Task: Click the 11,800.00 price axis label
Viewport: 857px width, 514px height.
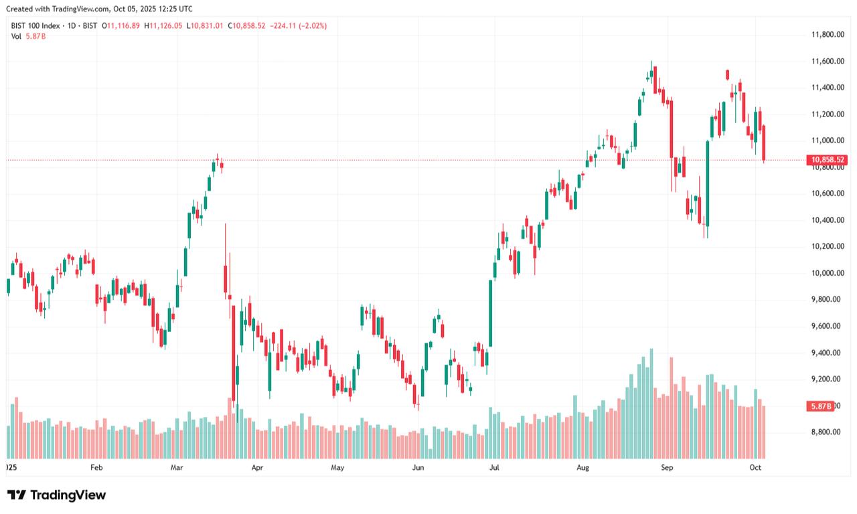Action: pyautogui.click(x=827, y=35)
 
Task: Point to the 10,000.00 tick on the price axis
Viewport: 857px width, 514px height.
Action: pyautogui.click(x=827, y=273)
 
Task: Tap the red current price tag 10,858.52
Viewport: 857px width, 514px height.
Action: pyautogui.click(x=828, y=160)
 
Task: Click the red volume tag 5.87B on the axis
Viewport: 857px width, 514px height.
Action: pyautogui.click(x=821, y=406)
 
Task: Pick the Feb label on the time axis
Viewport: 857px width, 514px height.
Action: pyautogui.click(x=96, y=467)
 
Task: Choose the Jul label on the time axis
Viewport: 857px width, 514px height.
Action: pyautogui.click(x=494, y=467)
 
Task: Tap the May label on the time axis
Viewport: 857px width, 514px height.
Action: pyautogui.click(x=337, y=467)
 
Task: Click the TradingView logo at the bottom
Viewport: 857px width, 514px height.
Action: pyautogui.click(x=57, y=495)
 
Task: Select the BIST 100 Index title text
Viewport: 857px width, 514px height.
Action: pyautogui.click(x=35, y=25)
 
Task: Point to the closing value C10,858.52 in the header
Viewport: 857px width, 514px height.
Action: pyautogui.click(x=246, y=25)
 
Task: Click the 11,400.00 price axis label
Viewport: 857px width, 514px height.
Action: pyautogui.click(x=827, y=88)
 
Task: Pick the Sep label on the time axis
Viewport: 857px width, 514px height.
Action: pyautogui.click(x=667, y=467)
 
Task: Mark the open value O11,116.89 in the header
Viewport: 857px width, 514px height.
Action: pyautogui.click(x=121, y=25)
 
